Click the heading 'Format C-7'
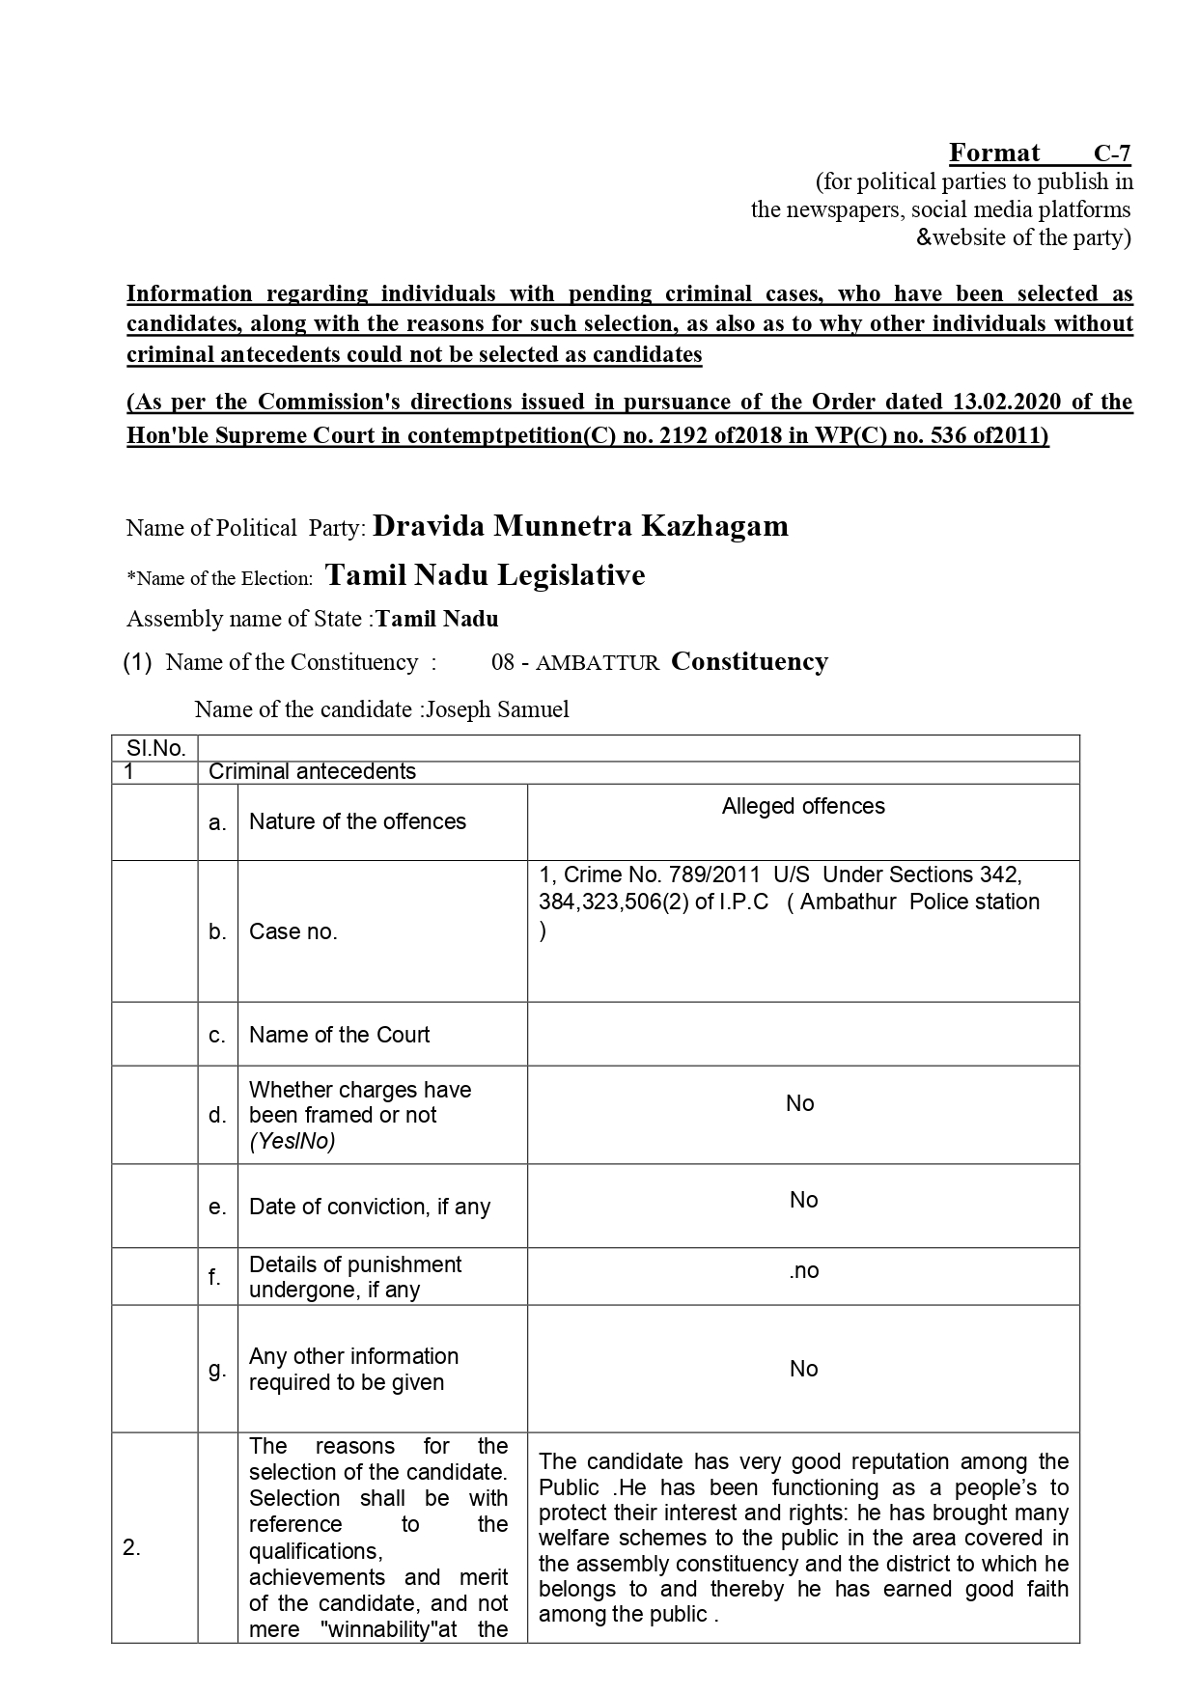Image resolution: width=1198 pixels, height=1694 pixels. tap(1040, 153)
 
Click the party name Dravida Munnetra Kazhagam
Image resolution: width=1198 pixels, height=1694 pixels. tap(580, 526)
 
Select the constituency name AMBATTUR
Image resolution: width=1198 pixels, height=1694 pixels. tap(598, 663)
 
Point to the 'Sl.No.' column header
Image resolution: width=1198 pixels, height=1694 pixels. tap(155, 748)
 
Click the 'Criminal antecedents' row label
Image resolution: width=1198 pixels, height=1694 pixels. tap(312, 771)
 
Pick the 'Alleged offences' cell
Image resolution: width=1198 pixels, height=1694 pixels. tap(803, 806)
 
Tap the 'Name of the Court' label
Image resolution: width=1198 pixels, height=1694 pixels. tap(339, 1035)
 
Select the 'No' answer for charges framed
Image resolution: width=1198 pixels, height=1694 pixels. tap(800, 1103)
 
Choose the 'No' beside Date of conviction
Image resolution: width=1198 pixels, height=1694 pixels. tap(803, 1200)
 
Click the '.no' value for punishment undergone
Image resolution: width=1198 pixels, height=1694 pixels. tap(803, 1270)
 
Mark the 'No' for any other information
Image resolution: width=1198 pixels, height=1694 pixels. tap(803, 1369)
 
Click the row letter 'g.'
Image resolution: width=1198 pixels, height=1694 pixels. tap(218, 1369)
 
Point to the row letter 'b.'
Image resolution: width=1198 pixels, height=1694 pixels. tap(218, 931)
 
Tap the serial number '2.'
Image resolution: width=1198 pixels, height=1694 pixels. tap(132, 1548)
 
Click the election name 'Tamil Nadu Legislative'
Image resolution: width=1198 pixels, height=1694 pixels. tap(486, 575)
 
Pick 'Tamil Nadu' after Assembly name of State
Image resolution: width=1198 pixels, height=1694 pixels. tap(437, 619)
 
